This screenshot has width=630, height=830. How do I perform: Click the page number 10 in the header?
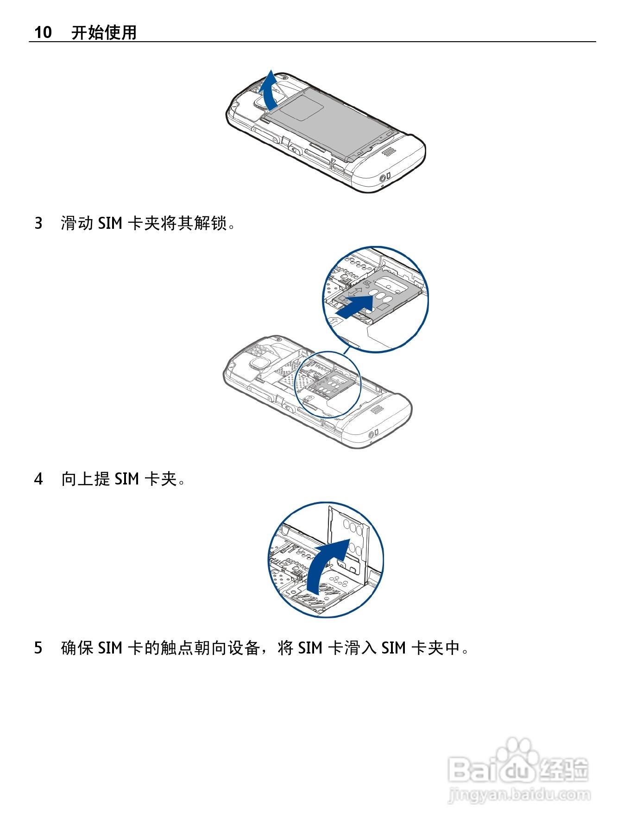[x=43, y=32]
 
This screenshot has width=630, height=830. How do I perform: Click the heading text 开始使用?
[x=104, y=32]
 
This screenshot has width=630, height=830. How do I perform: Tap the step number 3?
[x=38, y=223]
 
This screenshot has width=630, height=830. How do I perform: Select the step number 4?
[x=38, y=479]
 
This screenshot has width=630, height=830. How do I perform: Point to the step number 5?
[x=38, y=648]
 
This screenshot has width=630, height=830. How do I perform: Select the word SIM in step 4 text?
[x=126, y=479]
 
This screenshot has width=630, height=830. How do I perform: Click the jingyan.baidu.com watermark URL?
[x=519, y=795]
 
